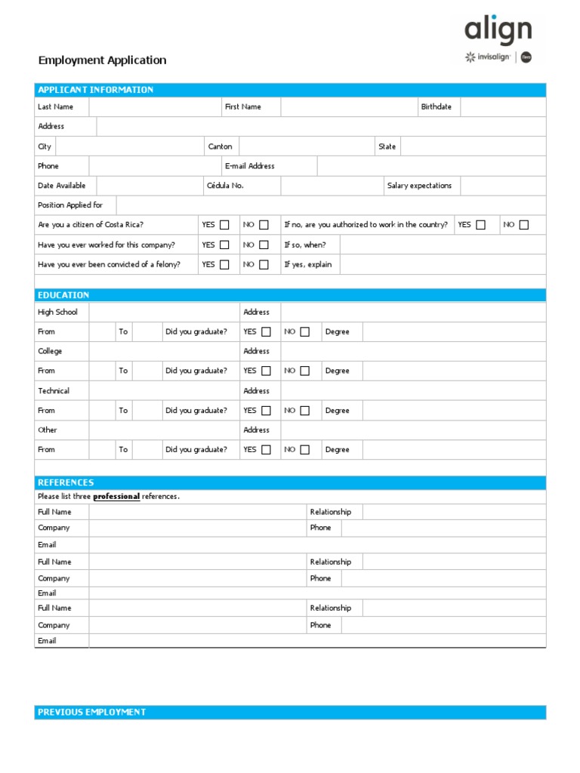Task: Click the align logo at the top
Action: tap(498, 31)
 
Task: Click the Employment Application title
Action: tap(102, 60)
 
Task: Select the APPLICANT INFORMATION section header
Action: tap(96, 90)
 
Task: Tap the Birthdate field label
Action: tap(436, 107)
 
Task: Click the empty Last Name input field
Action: tap(154, 107)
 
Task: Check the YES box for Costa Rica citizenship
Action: tap(224, 225)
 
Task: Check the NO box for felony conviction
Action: tap(264, 265)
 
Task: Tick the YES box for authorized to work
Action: tap(480, 225)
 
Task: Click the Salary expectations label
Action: tap(419, 186)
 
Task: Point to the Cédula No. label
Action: tap(225, 186)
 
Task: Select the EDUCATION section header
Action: tap(63, 295)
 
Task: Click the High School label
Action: tap(57, 312)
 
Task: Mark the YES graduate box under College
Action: tap(266, 371)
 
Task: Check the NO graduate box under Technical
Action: tap(304, 411)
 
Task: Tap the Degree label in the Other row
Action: tap(337, 450)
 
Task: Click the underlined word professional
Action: tap(116, 497)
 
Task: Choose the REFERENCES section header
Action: tap(66, 482)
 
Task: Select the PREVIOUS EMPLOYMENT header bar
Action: tap(92, 713)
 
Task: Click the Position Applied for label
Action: tap(70, 205)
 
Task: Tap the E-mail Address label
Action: tap(249, 166)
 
